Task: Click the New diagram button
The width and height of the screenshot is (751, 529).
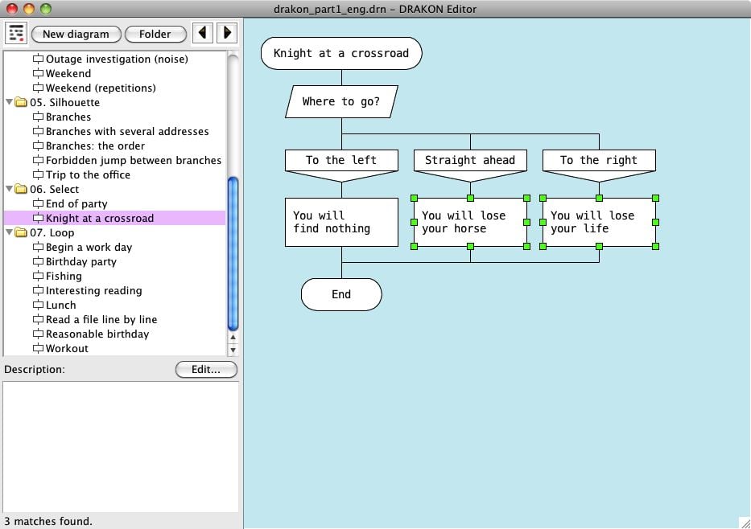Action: click(76, 34)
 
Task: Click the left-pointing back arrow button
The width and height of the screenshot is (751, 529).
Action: click(203, 33)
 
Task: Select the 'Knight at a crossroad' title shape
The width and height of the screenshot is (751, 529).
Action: click(341, 53)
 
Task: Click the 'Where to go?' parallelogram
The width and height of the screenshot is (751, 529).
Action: click(341, 101)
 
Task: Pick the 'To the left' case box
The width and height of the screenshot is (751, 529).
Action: click(341, 160)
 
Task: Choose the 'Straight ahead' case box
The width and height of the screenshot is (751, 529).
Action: click(470, 160)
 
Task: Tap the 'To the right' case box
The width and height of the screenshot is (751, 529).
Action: click(599, 160)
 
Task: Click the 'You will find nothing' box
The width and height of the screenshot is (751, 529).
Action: click(341, 222)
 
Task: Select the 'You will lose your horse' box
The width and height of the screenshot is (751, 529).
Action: click(470, 222)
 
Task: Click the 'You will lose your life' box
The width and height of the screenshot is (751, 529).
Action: click(599, 222)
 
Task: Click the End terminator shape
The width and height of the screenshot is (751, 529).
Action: click(341, 294)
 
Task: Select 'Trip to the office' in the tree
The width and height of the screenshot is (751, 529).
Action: click(87, 174)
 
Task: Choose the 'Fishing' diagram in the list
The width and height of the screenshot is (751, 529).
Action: click(64, 276)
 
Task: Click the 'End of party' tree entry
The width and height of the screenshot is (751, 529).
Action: click(76, 203)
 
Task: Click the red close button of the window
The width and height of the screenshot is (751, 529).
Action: click(12, 9)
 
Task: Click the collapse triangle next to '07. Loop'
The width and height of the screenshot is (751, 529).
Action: click(10, 233)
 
